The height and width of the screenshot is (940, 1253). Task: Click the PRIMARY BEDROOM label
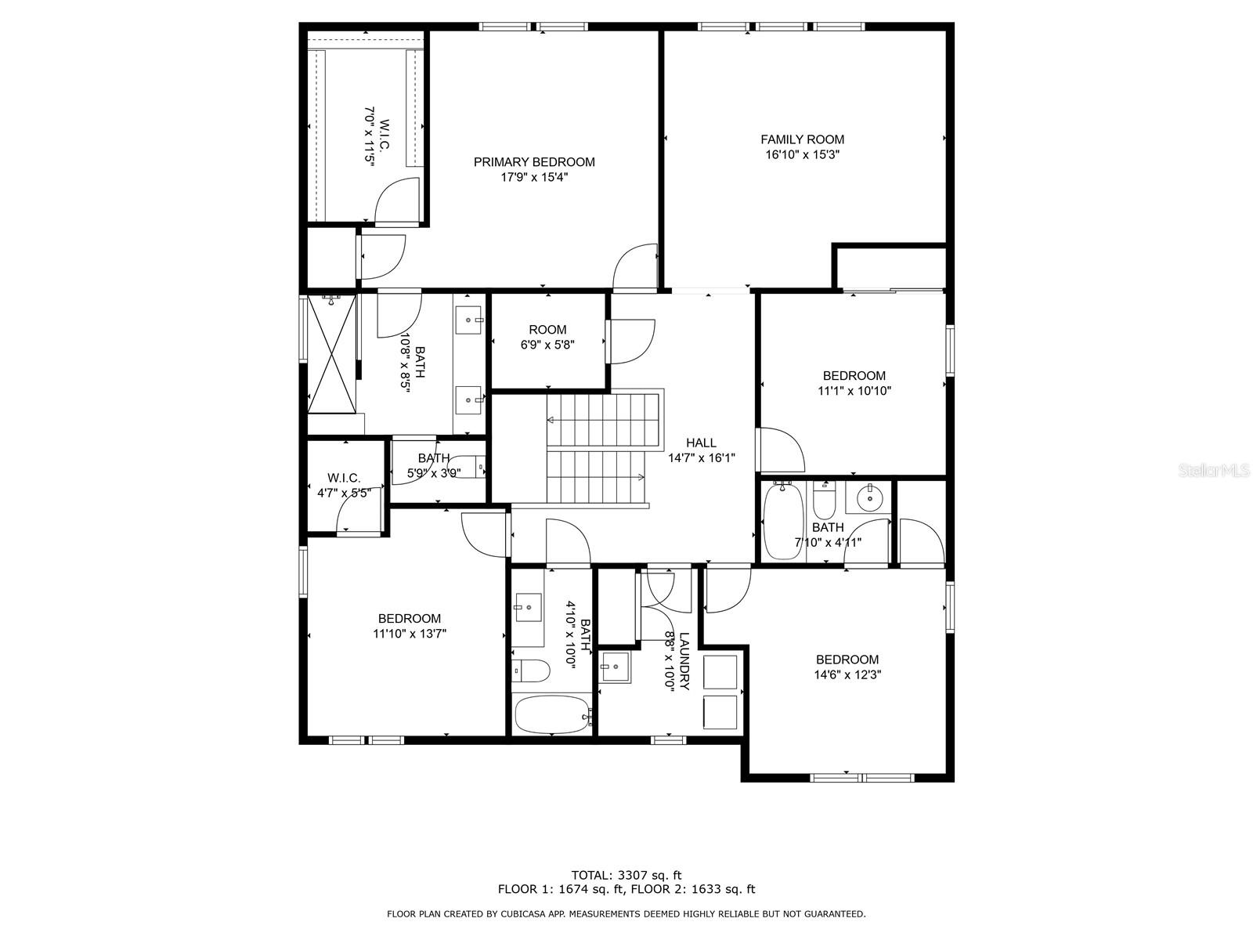coord(534,162)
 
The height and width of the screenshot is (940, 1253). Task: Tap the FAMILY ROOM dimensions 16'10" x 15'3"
coord(802,155)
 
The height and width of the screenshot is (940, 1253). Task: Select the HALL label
coord(701,443)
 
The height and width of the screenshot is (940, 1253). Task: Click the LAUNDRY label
coord(684,662)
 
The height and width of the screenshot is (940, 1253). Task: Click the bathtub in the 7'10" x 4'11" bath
coord(781,520)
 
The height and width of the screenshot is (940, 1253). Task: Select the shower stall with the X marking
coord(331,352)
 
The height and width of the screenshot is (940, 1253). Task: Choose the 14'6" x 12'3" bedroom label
coord(847,660)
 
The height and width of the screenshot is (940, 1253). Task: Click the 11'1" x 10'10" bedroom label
coord(854,376)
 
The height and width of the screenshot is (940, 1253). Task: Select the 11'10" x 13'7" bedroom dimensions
coord(410,634)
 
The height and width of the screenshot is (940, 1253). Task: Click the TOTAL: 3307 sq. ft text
coord(626,875)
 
